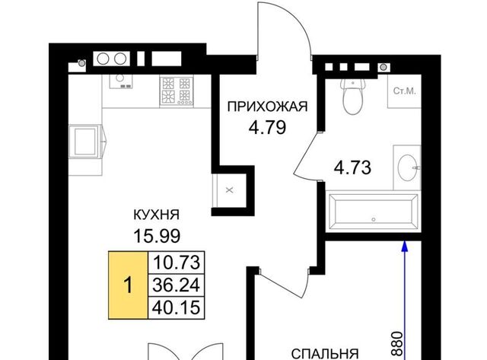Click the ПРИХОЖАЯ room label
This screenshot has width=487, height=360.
267,107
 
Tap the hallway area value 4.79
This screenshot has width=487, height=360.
267,127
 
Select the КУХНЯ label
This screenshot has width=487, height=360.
157,215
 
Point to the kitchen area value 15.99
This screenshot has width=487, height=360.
157,236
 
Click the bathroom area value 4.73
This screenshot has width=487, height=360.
352,167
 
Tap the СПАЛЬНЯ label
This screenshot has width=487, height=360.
325,354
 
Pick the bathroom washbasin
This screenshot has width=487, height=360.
408,167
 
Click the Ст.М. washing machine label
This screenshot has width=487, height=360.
404,91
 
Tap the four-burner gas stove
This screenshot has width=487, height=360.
176,91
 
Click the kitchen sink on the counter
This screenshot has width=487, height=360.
121,81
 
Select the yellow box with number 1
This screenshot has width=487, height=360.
128,285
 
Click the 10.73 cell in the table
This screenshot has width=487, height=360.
177,263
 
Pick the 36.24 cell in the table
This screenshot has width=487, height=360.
177,285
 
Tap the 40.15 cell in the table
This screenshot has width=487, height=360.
177,307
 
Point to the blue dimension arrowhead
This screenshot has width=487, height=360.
404,246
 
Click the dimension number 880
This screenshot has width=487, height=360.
397,344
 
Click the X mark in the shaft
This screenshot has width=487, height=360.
230,190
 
